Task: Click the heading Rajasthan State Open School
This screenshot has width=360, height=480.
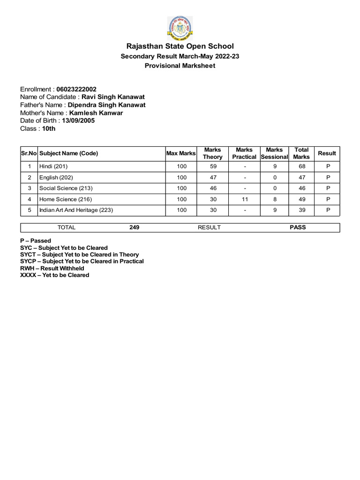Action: click(x=180, y=46)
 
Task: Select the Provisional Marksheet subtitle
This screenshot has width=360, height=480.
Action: click(x=180, y=66)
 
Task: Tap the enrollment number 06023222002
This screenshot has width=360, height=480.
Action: click(x=76, y=89)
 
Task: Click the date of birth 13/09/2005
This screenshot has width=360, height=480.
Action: click(x=82, y=120)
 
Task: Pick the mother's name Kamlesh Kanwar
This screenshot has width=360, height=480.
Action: click(x=96, y=112)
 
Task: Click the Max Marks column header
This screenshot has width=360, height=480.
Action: click(x=181, y=153)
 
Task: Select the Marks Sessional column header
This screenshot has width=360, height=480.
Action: click(x=274, y=153)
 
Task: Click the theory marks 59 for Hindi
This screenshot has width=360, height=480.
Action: click(x=213, y=166)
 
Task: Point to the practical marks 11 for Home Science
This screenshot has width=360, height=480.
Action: click(x=244, y=199)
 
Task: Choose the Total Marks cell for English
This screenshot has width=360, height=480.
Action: click(x=301, y=177)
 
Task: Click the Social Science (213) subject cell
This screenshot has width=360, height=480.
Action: click(x=66, y=188)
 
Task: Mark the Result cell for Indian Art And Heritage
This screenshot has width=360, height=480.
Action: click(x=328, y=210)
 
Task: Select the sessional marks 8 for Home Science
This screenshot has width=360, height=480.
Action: click(x=275, y=199)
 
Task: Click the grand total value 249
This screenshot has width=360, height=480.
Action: click(x=134, y=227)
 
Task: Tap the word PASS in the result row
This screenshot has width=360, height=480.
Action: click(x=298, y=227)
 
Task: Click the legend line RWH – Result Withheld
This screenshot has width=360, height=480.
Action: click(x=52, y=268)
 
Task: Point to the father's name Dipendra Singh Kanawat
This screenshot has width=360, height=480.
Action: click(x=107, y=105)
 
